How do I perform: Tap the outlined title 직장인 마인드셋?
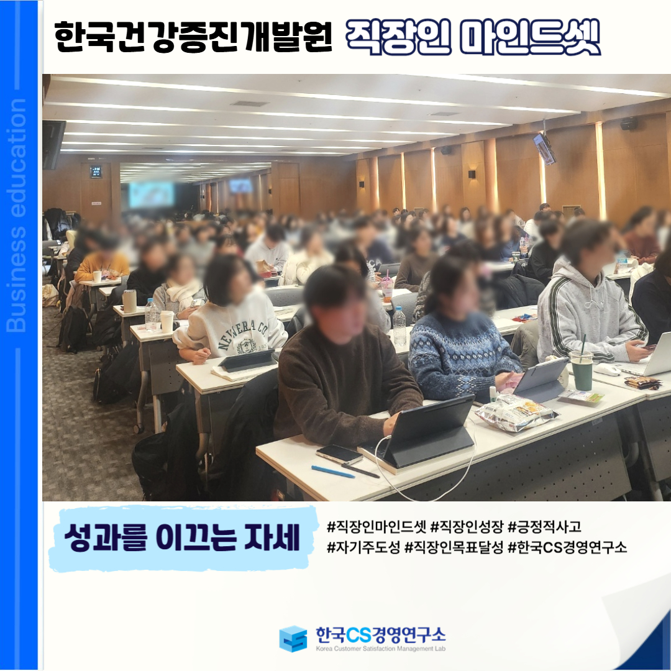[473, 38]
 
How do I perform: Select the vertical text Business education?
[16, 215]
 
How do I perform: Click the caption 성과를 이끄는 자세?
[182, 537]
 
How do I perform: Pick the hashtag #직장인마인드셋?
[377, 526]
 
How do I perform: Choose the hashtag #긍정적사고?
[544, 526]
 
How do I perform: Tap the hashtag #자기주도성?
[363, 547]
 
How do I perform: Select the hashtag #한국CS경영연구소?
[567, 547]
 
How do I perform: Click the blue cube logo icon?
[293, 639]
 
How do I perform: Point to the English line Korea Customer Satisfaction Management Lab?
[380, 649]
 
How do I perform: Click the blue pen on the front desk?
[332, 472]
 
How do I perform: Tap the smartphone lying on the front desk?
[339, 454]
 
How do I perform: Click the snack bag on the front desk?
[516, 411]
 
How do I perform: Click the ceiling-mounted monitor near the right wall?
[544, 148]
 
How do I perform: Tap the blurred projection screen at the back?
[152, 194]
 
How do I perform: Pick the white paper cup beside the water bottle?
[167, 321]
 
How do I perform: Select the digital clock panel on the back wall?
[96, 171]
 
